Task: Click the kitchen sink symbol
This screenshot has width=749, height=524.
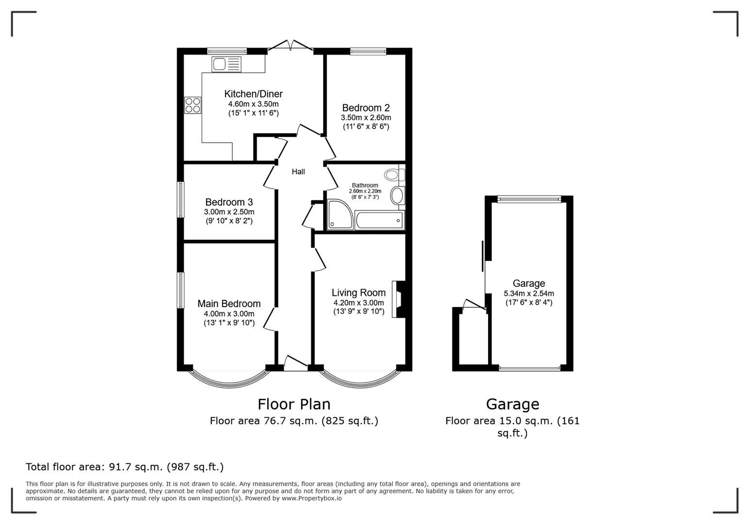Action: point(226,64)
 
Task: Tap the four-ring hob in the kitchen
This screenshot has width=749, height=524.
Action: point(193,105)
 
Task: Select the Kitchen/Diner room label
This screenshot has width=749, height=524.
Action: point(253,94)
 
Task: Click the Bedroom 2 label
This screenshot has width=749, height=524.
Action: point(366,108)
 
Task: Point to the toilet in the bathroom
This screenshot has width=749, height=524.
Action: point(392,174)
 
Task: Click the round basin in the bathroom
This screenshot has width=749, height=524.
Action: point(397,196)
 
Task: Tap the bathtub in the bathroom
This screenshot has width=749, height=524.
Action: point(379,221)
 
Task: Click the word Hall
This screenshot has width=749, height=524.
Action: point(298,172)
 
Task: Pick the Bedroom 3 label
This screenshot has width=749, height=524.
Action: point(229,202)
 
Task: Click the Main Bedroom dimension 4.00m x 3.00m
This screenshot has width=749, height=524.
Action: point(229,313)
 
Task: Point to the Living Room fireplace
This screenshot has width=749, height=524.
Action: point(400,299)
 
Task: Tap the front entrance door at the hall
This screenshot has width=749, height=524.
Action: point(295,364)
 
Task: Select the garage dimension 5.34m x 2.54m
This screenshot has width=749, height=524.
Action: point(529,294)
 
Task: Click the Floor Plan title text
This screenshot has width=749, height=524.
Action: point(293,404)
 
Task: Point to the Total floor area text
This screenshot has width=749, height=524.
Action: point(125,467)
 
